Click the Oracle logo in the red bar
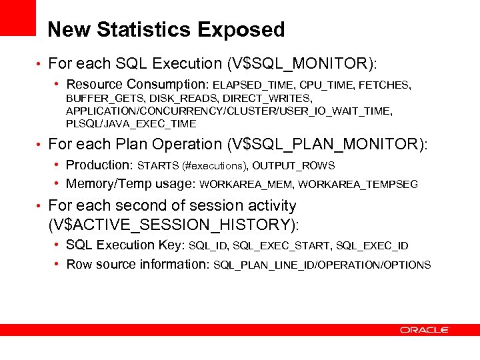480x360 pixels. pyautogui.click(x=425, y=329)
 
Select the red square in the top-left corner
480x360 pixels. pyautogui.click(x=17, y=17)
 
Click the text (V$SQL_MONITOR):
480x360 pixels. pyautogui.click(x=302, y=64)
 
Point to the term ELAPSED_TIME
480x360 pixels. pyautogui.click(x=254, y=85)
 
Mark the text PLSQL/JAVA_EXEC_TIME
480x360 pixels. pyautogui.click(x=131, y=124)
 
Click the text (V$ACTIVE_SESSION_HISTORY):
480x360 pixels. pyautogui.click(x=173, y=225)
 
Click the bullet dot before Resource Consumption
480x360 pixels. pyautogui.click(x=58, y=85)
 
